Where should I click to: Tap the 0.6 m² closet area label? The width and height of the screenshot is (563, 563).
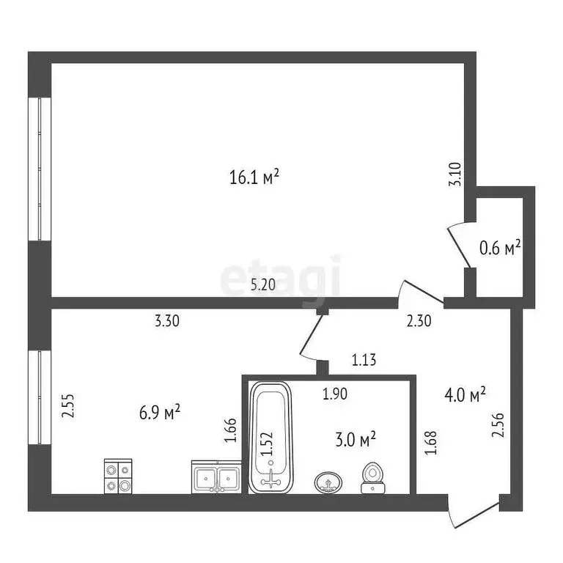point(499,249)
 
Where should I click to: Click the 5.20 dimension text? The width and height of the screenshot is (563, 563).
point(263,286)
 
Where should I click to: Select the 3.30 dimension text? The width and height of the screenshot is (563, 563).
point(166,320)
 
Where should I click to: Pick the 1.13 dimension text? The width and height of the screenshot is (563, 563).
point(364,360)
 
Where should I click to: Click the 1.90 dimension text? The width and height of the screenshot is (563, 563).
point(336,394)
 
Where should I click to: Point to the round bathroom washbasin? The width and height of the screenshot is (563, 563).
point(328,482)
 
